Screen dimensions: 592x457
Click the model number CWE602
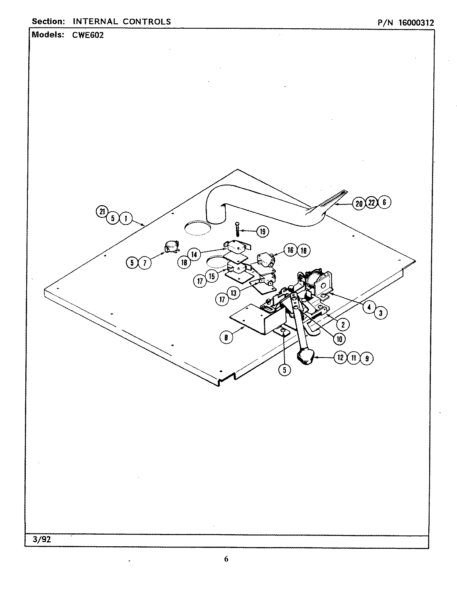[x=86, y=35]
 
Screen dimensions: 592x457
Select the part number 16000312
[x=416, y=23]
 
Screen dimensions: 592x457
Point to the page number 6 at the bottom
[x=226, y=559]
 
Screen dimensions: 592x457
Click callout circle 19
[x=262, y=232]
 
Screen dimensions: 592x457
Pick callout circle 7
[x=145, y=263]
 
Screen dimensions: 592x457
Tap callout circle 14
[x=194, y=254]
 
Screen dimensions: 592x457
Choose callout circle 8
[x=226, y=338]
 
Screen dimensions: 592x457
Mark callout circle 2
[x=343, y=324]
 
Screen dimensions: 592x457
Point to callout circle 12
[x=341, y=358]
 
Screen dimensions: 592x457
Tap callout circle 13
[x=233, y=293]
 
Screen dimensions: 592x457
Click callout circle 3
[x=381, y=314]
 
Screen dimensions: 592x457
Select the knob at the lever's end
[x=307, y=357]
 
